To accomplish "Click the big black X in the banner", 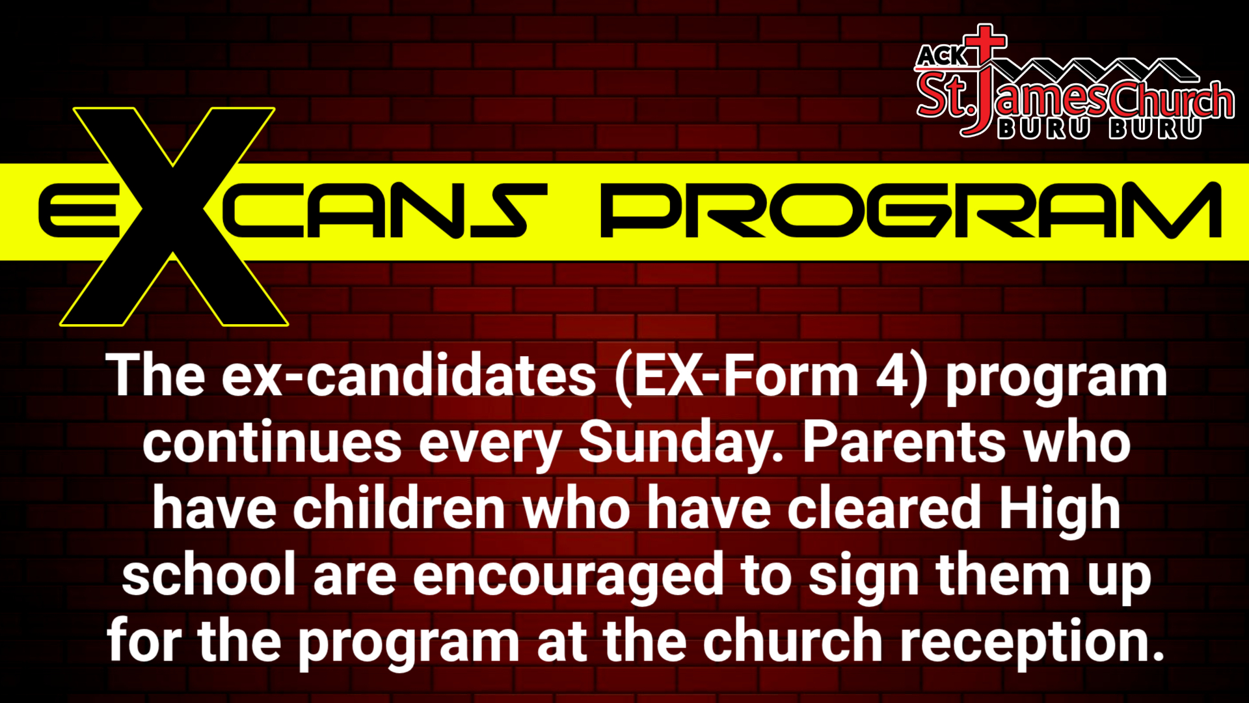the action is point(174,217).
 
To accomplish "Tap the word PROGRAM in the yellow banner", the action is point(911,210).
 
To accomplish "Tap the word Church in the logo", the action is point(1172,100).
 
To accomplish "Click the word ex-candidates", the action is point(409,376).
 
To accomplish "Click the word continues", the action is point(272,443).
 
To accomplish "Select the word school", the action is point(209,574).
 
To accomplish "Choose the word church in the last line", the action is point(792,641).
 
